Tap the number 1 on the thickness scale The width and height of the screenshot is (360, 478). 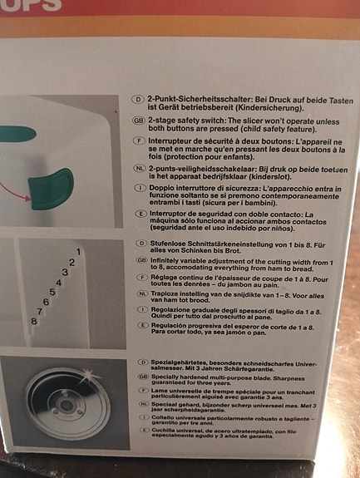pos(78,251)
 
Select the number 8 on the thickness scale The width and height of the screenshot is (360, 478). pos(33,320)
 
